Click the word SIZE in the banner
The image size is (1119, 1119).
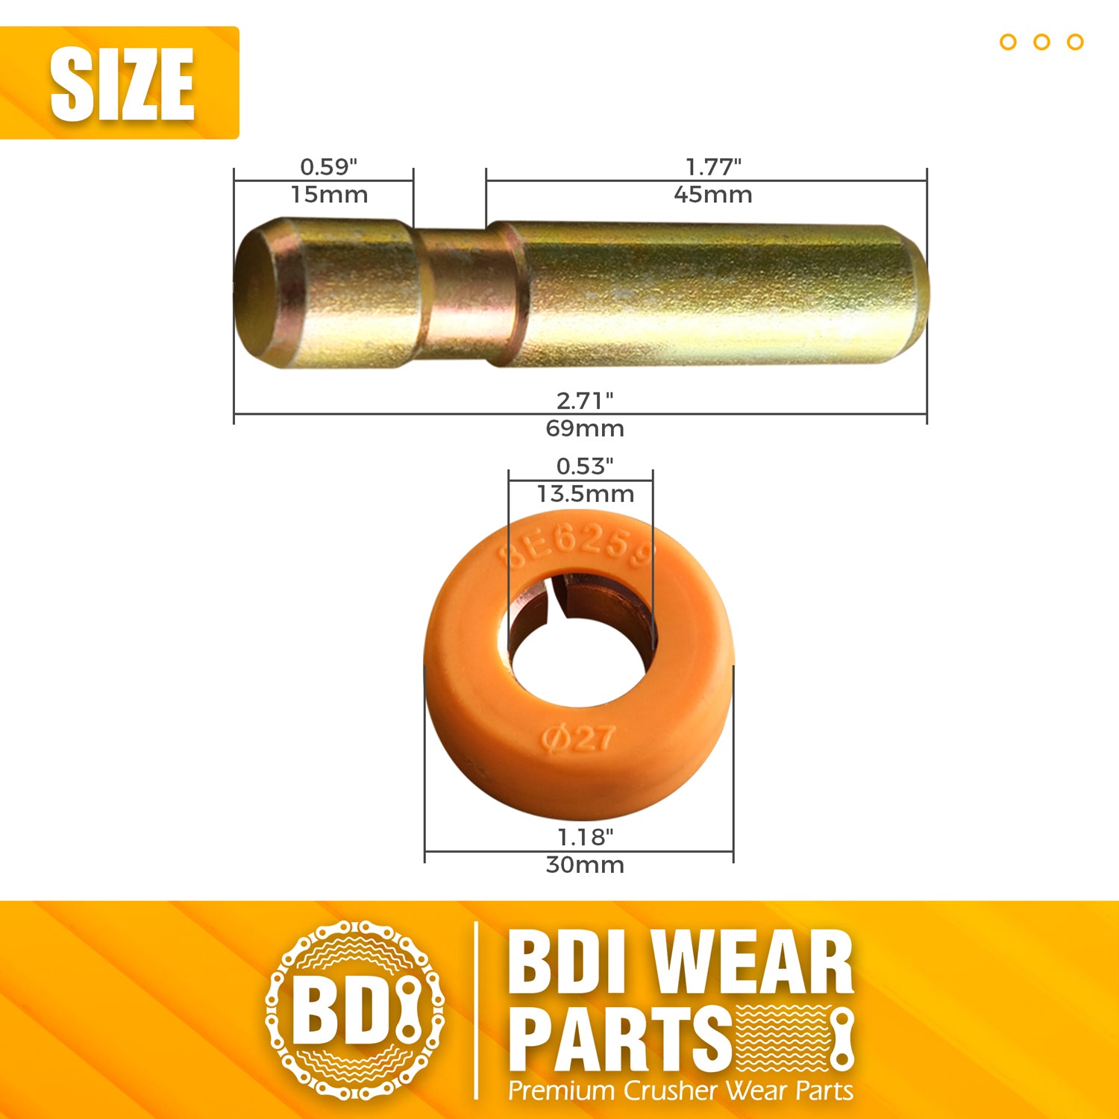click(x=122, y=84)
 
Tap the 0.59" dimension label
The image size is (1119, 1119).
click(x=329, y=166)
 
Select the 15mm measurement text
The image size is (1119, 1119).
click(x=329, y=195)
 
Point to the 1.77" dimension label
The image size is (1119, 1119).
click(x=713, y=166)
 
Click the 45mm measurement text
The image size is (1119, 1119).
click(x=713, y=195)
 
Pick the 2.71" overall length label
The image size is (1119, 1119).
click(x=585, y=401)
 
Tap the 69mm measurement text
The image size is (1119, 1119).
click(x=585, y=429)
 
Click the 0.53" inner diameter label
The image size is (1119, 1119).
click(x=585, y=466)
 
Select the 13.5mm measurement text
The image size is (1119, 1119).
click(x=586, y=494)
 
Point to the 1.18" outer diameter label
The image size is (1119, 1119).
click(x=586, y=837)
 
